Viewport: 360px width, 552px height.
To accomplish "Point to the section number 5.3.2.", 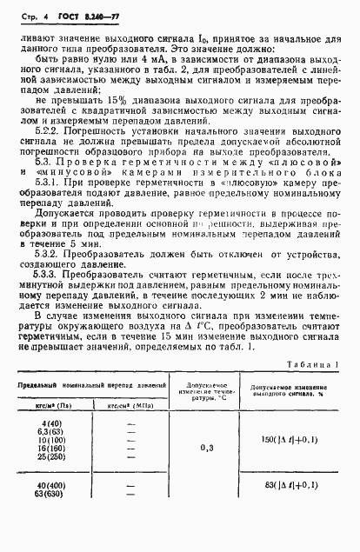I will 46,283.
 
